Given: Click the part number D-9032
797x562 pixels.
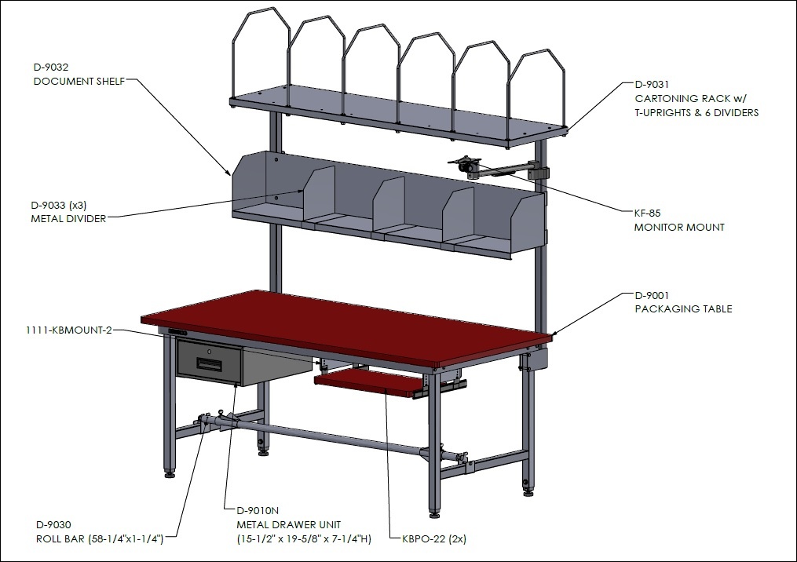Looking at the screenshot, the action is point(51,67).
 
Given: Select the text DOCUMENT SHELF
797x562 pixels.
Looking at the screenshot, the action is point(79,82).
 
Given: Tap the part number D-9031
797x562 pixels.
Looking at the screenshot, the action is point(653,84).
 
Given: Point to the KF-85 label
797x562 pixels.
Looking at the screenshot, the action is point(648,213).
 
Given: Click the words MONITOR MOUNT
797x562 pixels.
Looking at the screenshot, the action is point(679,227).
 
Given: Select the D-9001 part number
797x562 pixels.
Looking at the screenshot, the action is point(653,295).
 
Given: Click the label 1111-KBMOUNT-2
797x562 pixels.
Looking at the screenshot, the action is point(68,330).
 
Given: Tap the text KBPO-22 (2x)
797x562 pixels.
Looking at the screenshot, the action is point(434,539).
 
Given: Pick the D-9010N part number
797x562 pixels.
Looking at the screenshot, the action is point(258,511).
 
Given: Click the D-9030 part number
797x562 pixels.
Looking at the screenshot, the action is point(53,525).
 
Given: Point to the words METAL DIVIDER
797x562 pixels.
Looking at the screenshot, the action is point(68,219).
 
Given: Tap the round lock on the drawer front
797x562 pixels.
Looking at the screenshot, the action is point(210,351).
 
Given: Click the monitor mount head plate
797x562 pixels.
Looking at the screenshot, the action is point(463,163).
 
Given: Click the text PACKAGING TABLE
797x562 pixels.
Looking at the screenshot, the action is point(683,309).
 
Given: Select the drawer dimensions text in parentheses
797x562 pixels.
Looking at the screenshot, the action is point(304,539).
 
